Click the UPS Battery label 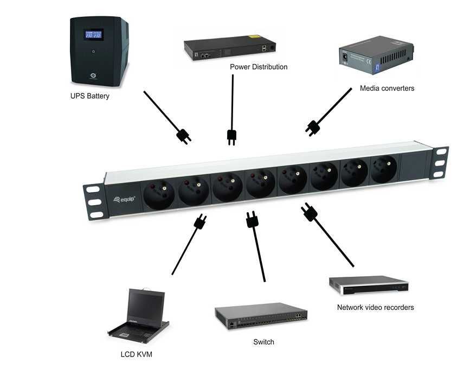89,97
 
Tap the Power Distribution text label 259,67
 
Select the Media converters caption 387,88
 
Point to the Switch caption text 263,342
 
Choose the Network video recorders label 375,307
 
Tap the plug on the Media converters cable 313,127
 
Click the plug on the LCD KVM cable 199,221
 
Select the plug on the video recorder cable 308,212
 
